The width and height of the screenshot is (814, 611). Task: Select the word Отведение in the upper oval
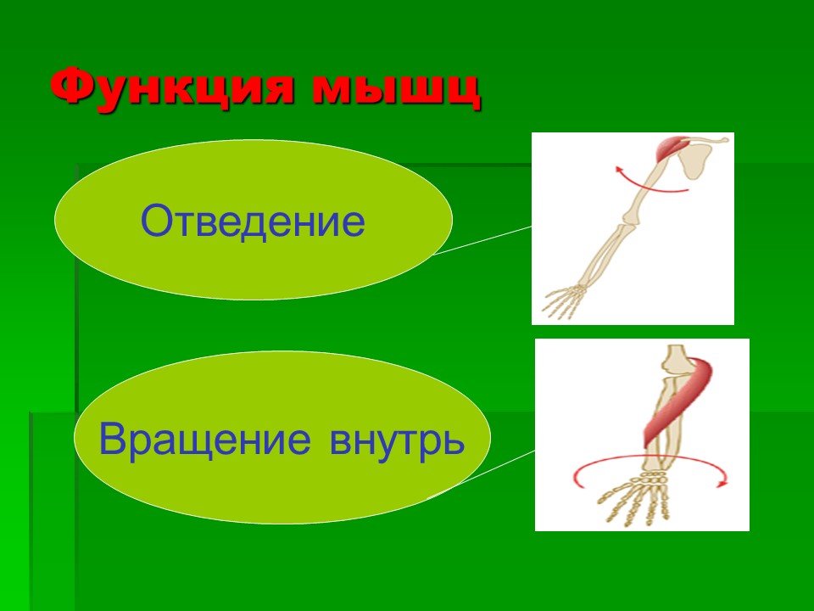click(253, 221)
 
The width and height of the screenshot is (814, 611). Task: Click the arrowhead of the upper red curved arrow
click(618, 173)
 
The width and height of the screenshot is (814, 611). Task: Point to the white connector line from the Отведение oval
click(483, 240)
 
